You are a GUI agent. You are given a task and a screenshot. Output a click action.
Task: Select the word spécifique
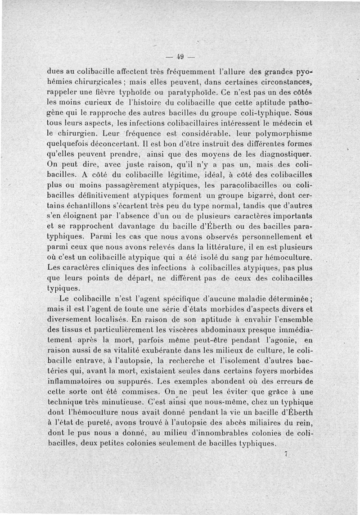click(171, 298)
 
